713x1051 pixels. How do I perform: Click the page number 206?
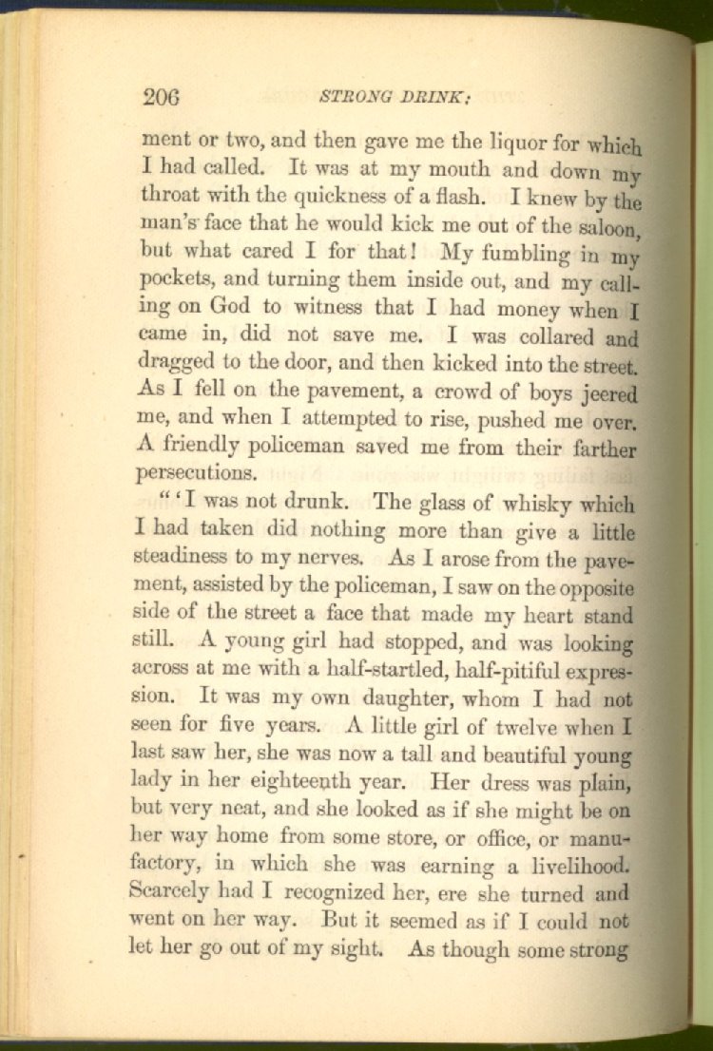162,97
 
